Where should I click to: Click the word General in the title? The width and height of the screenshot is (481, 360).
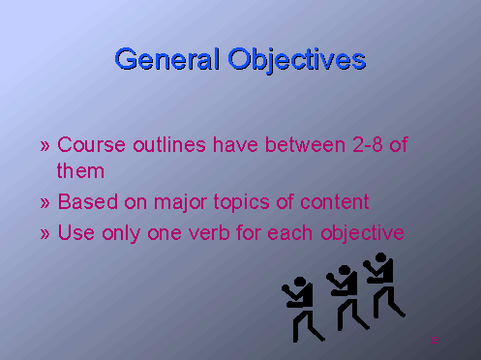167,60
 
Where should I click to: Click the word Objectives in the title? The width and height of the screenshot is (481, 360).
297,60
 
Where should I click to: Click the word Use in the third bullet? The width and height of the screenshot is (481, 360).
75,233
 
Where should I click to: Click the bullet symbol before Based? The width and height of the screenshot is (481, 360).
45,203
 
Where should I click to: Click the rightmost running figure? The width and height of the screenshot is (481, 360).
383,283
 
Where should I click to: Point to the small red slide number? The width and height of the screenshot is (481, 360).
435,340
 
